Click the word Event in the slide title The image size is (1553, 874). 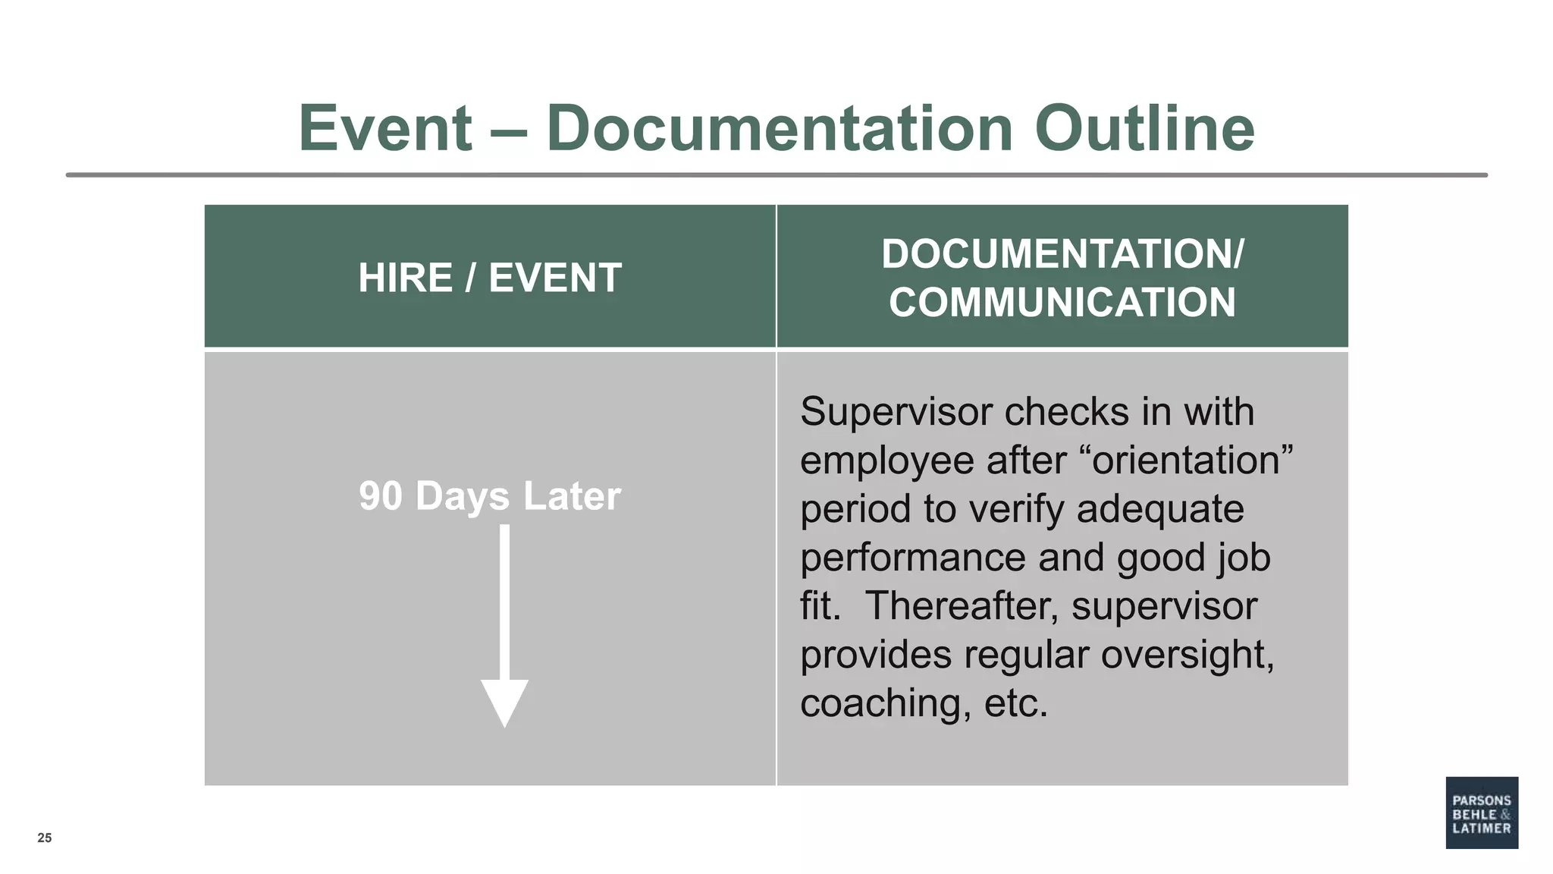click(x=385, y=128)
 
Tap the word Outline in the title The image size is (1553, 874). click(x=1144, y=128)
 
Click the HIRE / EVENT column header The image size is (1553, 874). click(x=490, y=278)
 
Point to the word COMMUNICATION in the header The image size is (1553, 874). click(x=1062, y=303)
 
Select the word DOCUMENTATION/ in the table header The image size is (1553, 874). click(x=1062, y=253)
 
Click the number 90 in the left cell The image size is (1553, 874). click(x=381, y=496)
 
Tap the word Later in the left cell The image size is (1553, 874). click(x=572, y=496)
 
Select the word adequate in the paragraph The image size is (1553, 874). click(x=1160, y=509)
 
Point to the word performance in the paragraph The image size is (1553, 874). click(x=913, y=558)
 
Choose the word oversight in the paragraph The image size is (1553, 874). click(x=1187, y=655)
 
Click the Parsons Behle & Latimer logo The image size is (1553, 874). click(x=1482, y=813)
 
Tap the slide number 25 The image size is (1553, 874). click(x=45, y=838)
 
